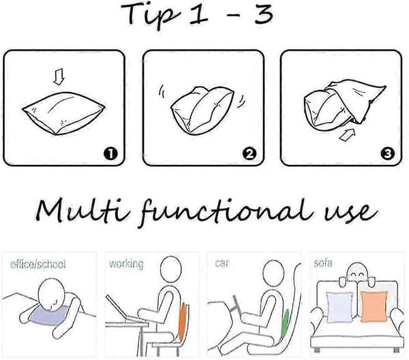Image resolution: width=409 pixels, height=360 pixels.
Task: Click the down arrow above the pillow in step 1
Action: coord(59,76)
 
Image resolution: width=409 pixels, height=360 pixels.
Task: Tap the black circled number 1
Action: coord(111,153)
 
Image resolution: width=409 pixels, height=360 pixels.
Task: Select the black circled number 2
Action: coord(249,153)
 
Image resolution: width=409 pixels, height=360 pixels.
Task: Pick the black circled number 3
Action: coord(388,153)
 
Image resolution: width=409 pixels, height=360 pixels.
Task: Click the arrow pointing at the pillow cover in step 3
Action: coord(347,134)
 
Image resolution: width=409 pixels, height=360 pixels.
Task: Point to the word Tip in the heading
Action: coord(151,14)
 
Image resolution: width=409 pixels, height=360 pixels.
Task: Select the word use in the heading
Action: coord(350,213)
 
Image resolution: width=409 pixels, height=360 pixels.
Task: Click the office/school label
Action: coord(37,265)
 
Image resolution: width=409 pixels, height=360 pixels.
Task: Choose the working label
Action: coord(126,264)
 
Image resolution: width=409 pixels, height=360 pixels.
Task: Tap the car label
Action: coord(222,263)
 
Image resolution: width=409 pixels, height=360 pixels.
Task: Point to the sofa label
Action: coord(323,262)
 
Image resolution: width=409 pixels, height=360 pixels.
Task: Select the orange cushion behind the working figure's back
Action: coord(182,322)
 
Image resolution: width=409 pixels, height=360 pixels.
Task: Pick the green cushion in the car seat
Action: coord(284,324)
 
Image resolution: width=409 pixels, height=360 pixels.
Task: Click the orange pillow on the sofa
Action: coord(374,307)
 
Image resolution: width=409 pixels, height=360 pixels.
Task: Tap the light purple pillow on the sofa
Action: coord(339,307)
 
